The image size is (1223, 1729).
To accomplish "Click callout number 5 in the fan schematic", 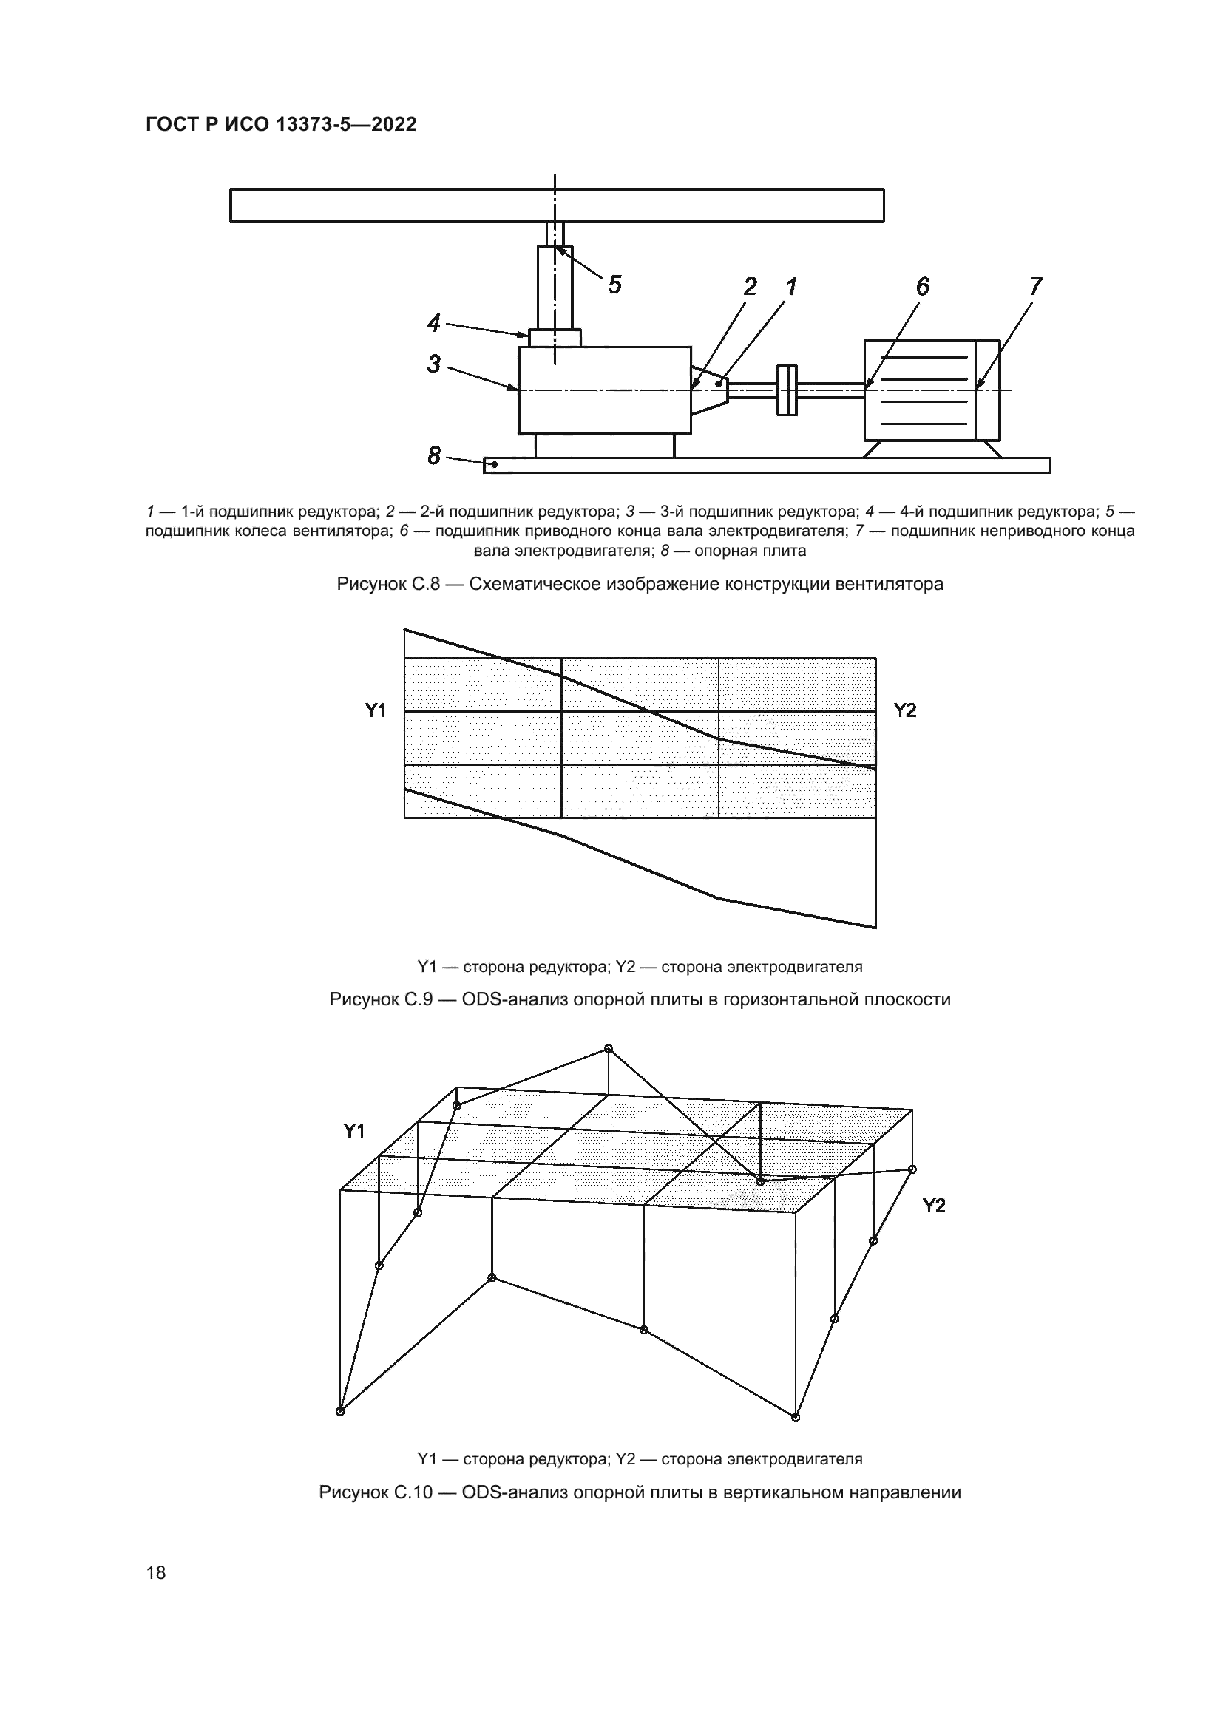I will [x=614, y=285].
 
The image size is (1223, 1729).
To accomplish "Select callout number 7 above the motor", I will [x=1035, y=287].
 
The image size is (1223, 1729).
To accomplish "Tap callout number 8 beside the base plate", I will [x=434, y=455].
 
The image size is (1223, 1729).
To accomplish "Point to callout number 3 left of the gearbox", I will [x=434, y=364].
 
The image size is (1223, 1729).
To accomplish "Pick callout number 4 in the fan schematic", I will [x=434, y=324].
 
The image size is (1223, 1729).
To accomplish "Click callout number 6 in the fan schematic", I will [x=923, y=287].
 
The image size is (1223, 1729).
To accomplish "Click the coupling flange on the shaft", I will [x=787, y=390].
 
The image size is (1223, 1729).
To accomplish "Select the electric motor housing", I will [x=931, y=390].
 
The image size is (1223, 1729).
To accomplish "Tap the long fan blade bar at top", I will [x=557, y=205].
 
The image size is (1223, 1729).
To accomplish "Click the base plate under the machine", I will [x=767, y=466].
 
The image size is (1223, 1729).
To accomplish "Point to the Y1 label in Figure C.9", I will [x=376, y=710].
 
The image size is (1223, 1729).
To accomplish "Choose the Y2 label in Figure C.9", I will [x=904, y=710].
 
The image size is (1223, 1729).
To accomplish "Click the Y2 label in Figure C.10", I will [x=934, y=1206].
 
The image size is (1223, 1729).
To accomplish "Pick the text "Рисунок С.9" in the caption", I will [x=380, y=1000].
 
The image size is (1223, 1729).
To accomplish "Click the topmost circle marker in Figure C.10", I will [x=609, y=1049].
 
